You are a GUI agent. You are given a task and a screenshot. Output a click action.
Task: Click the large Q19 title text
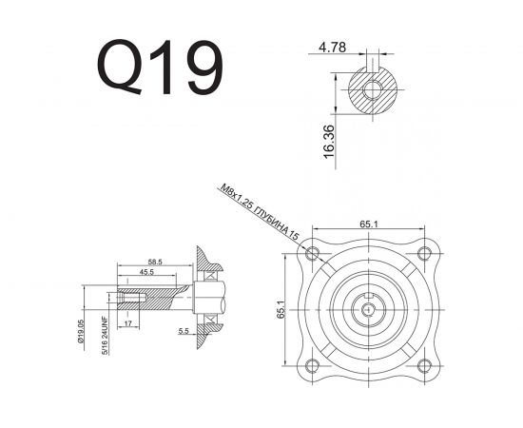pos(161,66)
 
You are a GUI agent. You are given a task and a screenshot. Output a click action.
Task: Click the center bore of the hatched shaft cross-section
pos(373,91)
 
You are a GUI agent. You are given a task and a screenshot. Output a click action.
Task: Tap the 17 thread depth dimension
pos(127,324)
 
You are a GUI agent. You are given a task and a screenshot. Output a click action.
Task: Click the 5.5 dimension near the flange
pos(183,331)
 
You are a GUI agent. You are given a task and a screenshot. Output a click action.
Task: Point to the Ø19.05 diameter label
pos(83,335)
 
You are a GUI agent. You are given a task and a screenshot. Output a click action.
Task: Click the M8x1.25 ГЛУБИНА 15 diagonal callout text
pos(260,212)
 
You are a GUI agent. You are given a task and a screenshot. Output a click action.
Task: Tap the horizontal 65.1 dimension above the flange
pos(369,224)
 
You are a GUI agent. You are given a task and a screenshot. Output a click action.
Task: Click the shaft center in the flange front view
pos(369,307)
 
